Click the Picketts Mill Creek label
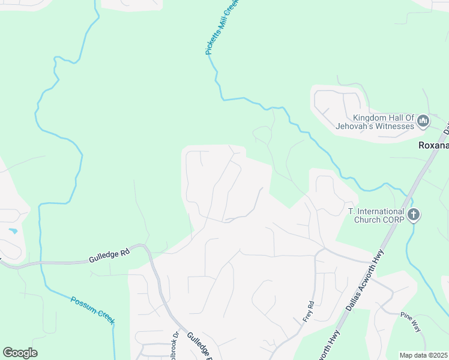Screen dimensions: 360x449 [x=222, y=27]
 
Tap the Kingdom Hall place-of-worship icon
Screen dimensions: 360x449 [x=423, y=122]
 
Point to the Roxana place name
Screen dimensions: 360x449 [x=433, y=146]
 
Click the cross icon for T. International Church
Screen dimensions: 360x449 [x=413, y=215]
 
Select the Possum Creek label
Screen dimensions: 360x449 [x=92, y=310]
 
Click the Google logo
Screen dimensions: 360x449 [x=20, y=353]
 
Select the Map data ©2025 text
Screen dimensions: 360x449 [x=423, y=355]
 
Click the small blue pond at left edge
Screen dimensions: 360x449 [x=13, y=231]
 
